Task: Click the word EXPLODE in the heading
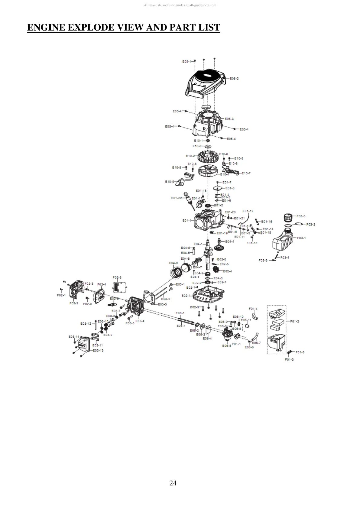(91, 28)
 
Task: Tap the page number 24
(173, 483)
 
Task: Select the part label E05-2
(234, 79)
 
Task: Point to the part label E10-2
(190, 156)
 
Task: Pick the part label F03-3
(301, 216)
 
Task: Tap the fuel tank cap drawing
(288, 218)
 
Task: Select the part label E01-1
(187, 220)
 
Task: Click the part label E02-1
(186, 295)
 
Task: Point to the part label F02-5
(117, 277)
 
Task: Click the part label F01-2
(294, 321)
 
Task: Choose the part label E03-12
(86, 324)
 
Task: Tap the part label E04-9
(173, 263)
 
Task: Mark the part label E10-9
(169, 182)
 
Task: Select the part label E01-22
(177, 198)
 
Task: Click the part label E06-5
(226, 345)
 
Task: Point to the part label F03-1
(301, 238)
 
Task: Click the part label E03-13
(98, 350)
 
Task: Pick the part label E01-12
(248, 211)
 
